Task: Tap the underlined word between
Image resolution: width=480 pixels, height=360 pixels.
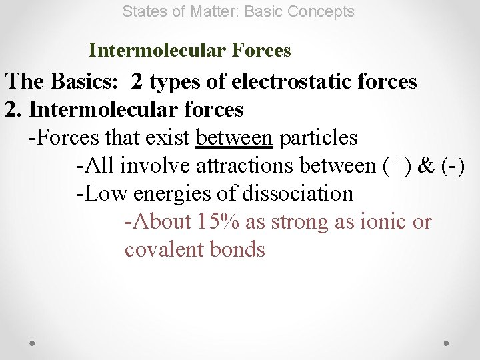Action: pyautogui.click(x=234, y=138)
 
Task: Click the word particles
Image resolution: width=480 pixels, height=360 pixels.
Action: pyautogui.click(x=319, y=138)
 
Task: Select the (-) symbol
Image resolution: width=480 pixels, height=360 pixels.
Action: pyautogui.click(x=455, y=166)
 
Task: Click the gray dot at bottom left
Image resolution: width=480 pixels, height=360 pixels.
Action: pyautogui.click(x=33, y=343)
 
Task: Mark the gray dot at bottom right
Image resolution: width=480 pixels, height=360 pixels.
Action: pyautogui.click(x=447, y=343)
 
